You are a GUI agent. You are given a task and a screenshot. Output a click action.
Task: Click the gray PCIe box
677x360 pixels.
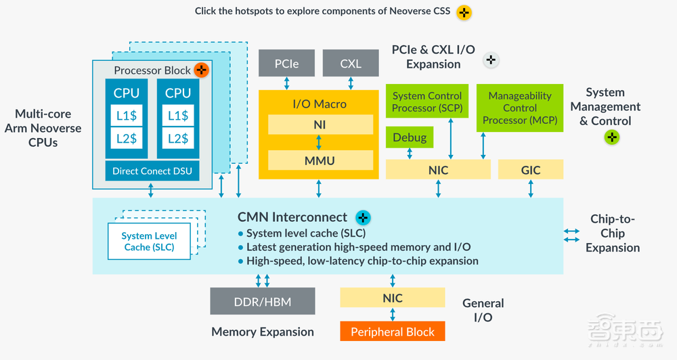point(286,64)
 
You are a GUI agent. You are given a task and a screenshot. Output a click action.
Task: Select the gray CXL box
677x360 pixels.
point(350,64)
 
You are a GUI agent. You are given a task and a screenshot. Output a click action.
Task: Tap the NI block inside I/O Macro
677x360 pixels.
point(320,125)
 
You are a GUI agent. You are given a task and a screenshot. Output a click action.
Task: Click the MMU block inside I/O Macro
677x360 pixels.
point(320,160)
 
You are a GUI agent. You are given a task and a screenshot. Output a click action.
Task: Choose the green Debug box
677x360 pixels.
point(410,137)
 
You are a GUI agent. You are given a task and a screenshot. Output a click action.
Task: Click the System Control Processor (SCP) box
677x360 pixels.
point(427,102)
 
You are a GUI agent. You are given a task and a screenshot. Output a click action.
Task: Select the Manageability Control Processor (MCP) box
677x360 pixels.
point(520,108)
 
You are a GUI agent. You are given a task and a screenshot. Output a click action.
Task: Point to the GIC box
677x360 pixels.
point(531,170)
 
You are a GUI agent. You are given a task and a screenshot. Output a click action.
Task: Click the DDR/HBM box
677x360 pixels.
point(263,300)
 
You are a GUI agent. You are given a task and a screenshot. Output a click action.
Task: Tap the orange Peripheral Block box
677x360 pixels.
point(392,332)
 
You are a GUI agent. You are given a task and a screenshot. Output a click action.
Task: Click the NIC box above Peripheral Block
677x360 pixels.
point(392,298)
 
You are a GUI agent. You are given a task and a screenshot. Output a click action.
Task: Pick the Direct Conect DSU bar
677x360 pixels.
point(152,171)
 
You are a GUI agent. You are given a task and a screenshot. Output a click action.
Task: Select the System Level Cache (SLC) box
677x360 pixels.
point(149,242)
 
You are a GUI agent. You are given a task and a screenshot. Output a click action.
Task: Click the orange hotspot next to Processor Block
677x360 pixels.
point(201,70)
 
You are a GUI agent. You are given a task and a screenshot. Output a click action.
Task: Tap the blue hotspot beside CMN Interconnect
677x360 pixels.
point(363,217)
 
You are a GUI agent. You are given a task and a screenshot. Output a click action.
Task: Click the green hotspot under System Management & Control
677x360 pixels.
point(611,137)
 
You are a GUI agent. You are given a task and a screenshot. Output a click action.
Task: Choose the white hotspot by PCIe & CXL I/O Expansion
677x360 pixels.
point(491,60)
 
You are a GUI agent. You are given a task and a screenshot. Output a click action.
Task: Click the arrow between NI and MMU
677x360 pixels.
point(320,143)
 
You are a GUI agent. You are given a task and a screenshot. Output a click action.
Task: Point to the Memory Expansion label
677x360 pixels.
point(263,332)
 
